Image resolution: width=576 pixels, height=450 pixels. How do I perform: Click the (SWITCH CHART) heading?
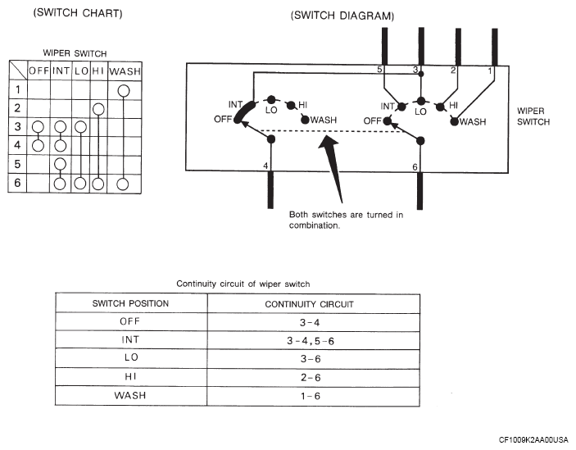coord(78,13)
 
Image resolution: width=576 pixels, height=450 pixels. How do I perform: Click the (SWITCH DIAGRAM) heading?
coord(342,16)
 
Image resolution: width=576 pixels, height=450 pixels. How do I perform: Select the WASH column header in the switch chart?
coord(125,70)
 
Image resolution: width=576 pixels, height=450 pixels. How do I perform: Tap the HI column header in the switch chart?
coord(98,70)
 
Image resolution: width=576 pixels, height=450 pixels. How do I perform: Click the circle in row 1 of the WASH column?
coord(124,90)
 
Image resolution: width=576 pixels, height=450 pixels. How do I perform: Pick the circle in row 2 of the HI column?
coord(98,109)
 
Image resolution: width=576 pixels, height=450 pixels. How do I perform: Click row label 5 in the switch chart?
coord(17,164)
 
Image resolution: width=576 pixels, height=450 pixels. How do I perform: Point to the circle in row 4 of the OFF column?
coord(38,145)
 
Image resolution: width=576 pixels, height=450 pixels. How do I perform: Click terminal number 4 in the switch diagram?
coord(265,166)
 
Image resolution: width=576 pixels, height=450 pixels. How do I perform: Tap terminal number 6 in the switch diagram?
coord(415,167)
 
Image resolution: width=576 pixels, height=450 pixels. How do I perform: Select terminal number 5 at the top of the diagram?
coord(379,69)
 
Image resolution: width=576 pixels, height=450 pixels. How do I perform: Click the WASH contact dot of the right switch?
coord(455,121)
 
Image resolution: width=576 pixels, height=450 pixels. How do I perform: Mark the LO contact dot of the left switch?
coord(271,99)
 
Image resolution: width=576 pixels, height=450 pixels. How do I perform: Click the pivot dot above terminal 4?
coord(271,139)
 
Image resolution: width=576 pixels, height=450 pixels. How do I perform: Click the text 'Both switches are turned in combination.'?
coord(346,220)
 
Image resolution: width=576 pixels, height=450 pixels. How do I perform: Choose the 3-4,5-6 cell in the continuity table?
coord(311,341)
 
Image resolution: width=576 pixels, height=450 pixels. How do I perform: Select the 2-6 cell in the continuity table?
coord(311,377)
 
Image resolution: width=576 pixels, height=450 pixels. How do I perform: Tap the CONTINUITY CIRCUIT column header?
coord(309,304)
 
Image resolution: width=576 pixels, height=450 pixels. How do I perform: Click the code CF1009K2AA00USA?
coord(533,439)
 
